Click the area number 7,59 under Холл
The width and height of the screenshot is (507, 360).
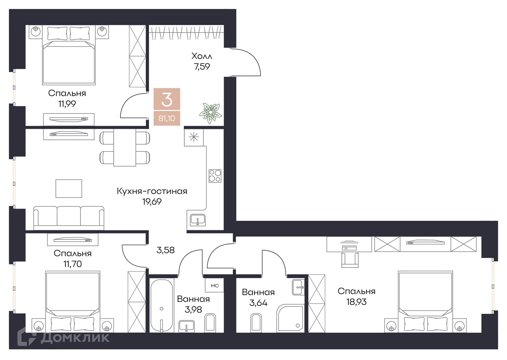pyautogui.click(x=202, y=67)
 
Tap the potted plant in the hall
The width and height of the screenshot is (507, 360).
pyautogui.click(x=210, y=113)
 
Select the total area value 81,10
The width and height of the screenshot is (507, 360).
pyautogui.click(x=167, y=118)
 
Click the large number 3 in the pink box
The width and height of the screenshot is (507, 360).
pyautogui.click(x=167, y=100)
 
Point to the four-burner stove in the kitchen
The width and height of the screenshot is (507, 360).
pyautogui.click(x=215, y=176)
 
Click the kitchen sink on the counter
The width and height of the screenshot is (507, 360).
pyautogui.click(x=198, y=220)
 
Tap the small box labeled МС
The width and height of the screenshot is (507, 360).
pyautogui.click(x=215, y=285)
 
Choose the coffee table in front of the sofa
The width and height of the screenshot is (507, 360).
pyautogui.click(x=69, y=189)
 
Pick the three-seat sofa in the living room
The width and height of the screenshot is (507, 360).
pyautogui.click(x=69, y=218)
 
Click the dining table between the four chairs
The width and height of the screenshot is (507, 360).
pyautogui.click(x=125, y=147)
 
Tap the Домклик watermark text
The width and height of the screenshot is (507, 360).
pyautogui.click(x=75, y=338)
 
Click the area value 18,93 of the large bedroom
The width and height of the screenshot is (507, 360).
pyautogui.click(x=356, y=302)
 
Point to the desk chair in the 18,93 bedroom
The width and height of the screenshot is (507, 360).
pyautogui.click(x=350, y=260)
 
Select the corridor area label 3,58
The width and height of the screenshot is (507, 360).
pyautogui.click(x=166, y=250)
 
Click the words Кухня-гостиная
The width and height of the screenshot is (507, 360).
pyautogui.click(x=152, y=191)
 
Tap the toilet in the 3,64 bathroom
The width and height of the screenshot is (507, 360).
pyautogui.click(x=256, y=322)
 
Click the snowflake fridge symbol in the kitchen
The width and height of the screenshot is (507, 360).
pyautogui.click(x=194, y=137)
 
